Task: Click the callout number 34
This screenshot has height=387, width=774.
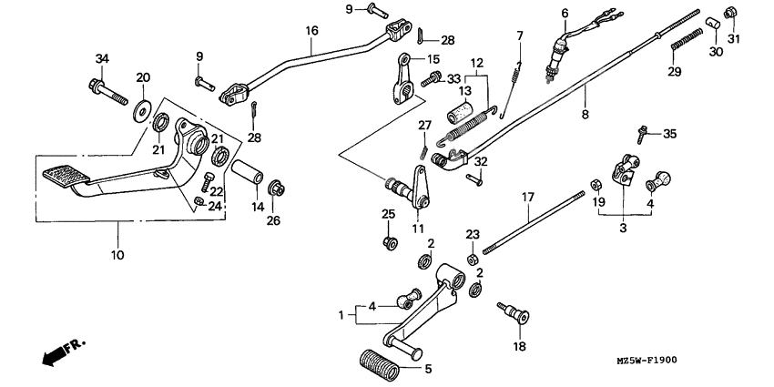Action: [x=102, y=60]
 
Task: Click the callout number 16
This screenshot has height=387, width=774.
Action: [x=311, y=30]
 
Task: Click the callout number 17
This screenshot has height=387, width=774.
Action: [x=526, y=196]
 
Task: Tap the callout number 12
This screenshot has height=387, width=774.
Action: [x=474, y=62]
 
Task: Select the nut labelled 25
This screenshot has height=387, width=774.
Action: [x=390, y=242]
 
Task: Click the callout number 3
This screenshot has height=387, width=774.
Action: [x=623, y=229]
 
